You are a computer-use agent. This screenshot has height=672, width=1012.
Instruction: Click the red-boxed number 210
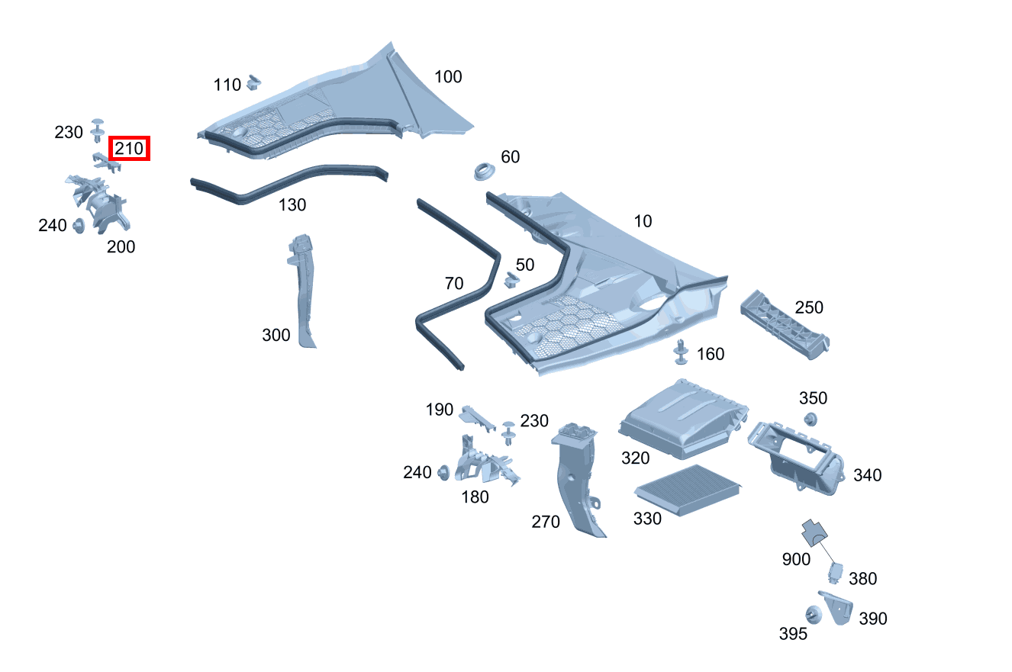130,149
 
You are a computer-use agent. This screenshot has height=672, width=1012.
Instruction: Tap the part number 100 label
448,77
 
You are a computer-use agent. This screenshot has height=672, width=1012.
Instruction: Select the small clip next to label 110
255,81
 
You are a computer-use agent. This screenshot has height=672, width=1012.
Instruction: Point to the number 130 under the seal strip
292,205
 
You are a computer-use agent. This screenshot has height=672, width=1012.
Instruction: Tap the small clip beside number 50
511,281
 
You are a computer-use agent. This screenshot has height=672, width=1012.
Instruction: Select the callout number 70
453,284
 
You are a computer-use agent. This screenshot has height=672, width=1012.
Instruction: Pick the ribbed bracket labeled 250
785,324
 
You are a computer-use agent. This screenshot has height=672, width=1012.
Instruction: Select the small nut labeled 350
811,419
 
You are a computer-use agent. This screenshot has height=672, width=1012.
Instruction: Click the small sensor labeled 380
836,572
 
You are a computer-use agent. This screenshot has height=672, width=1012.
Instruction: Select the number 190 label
440,410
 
